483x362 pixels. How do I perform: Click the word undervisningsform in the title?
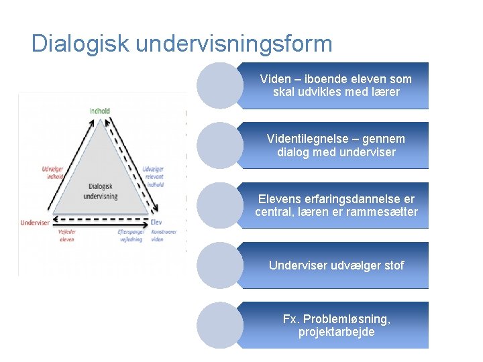[x=234, y=44]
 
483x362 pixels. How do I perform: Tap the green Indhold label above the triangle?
[x=99, y=111]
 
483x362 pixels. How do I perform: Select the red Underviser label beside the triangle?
[x=35, y=223]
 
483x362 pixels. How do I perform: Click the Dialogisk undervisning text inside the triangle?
[x=101, y=191]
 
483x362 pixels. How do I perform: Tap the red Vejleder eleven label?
[x=67, y=236]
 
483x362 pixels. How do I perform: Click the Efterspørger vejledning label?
[x=131, y=236]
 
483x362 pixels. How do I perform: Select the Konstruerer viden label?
[x=163, y=236]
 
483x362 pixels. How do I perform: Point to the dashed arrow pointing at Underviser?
[x=101, y=219]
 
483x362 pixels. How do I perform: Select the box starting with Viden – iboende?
[x=335, y=85]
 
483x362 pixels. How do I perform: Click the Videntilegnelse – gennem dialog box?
[x=335, y=145]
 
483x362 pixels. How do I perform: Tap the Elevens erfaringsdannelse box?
[x=335, y=206]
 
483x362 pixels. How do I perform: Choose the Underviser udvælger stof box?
[x=335, y=265]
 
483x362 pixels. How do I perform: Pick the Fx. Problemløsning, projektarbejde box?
[x=335, y=325]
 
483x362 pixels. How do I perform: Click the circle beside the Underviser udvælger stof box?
[x=220, y=265]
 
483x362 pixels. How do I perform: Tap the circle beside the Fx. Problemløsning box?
[x=220, y=325]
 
